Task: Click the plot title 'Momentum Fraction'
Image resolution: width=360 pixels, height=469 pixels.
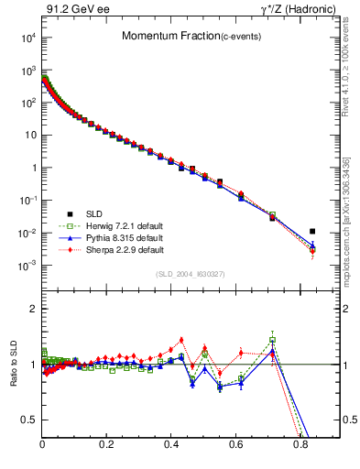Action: (x=160, y=36)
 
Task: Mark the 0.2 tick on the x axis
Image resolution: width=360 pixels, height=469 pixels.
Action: (x=107, y=446)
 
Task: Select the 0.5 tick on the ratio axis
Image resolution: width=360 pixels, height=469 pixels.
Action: (x=30, y=420)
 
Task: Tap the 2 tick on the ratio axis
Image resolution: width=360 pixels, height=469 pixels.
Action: (x=35, y=309)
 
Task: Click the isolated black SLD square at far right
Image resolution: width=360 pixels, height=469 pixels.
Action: (x=312, y=232)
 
